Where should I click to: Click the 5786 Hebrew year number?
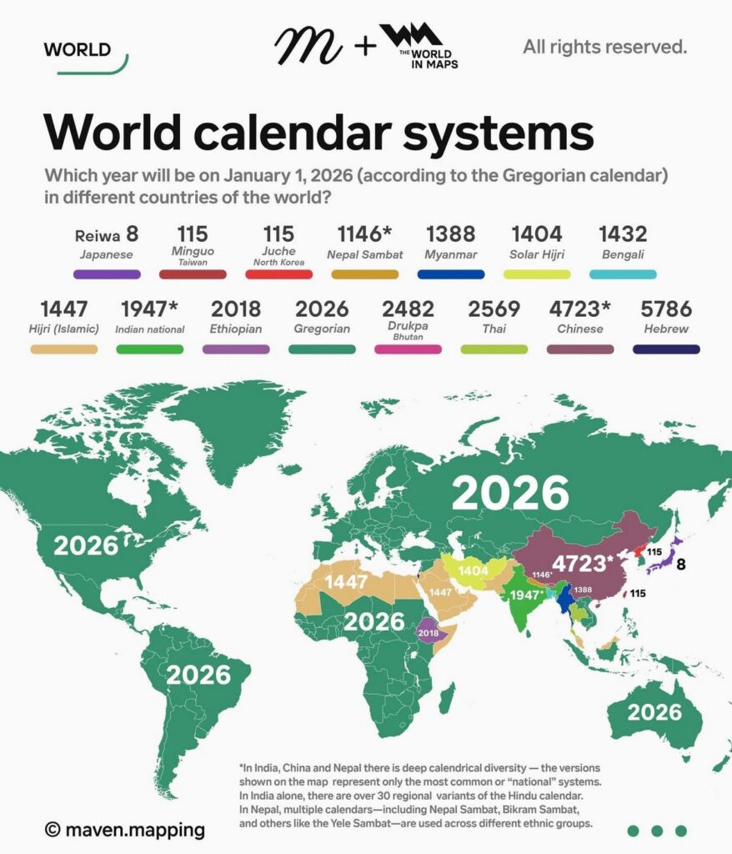click(667, 309)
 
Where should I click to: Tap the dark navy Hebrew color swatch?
click(666, 349)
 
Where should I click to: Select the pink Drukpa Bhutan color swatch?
click(408, 349)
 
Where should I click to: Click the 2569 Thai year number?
click(494, 309)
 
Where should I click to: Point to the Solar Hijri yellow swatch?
click(537, 274)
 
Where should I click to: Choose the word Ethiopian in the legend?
click(236, 329)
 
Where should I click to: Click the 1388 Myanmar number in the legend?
click(450, 234)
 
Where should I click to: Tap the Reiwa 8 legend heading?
click(106, 234)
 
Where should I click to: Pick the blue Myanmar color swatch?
click(450, 274)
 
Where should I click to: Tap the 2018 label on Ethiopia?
click(429, 634)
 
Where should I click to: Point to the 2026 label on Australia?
click(654, 712)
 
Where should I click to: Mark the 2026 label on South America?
click(198, 674)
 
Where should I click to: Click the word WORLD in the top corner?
click(77, 49)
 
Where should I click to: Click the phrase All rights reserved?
click(604, 47)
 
